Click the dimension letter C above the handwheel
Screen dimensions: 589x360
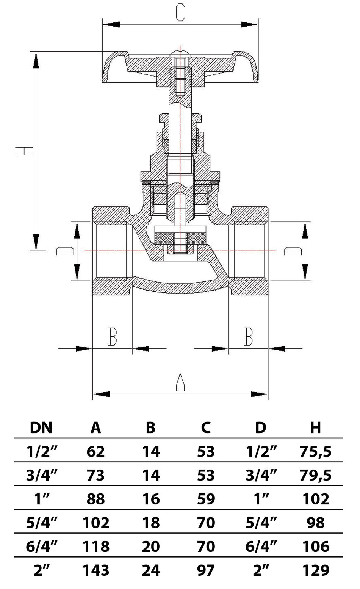coord(180,13)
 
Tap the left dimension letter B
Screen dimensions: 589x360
coord(113,336)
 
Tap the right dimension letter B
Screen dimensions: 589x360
coord(248,336)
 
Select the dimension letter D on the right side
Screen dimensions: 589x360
coord(293,251)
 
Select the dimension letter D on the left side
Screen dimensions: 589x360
coord(65,251)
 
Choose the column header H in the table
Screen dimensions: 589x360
coord(315,427)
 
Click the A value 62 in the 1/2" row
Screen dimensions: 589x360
coord(96,451)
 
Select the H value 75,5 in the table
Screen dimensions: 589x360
coord(315,451)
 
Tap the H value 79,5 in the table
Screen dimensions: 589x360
coord(315,475)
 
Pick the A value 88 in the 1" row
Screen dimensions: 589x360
coord(96,499)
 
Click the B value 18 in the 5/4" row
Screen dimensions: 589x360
coord(151,523)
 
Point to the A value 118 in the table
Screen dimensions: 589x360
coord(96,547)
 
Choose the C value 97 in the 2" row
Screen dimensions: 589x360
coord(206,570)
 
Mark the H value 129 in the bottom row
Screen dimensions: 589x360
coord(315,570)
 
